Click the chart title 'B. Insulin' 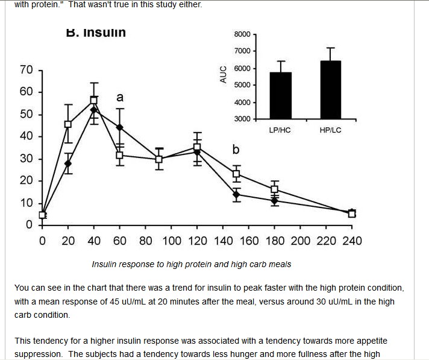[x=96, y=33]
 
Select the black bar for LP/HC [x=280, y=96]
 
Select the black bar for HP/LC [x=330, y=90]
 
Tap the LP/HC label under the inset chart [x=280, y=130]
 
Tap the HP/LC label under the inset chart [x=330, y=130]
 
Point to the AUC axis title [x=223, y=75]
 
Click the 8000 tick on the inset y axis [x=242, y=34]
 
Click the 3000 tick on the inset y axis [x=242, y=119]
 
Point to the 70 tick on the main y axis [x=27, y=70]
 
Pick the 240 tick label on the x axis [x=352, y=241]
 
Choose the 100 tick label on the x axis [x=171, y=241]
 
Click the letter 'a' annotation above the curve [x=119, y=96]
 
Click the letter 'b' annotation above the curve [x=236, y=149]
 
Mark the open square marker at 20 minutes [x=68, y=124]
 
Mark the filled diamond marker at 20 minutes [x=68, y=163]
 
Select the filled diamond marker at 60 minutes [x=119, y=127]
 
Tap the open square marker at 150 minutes [x=237, y=174]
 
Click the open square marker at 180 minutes [x=275, y=189]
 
